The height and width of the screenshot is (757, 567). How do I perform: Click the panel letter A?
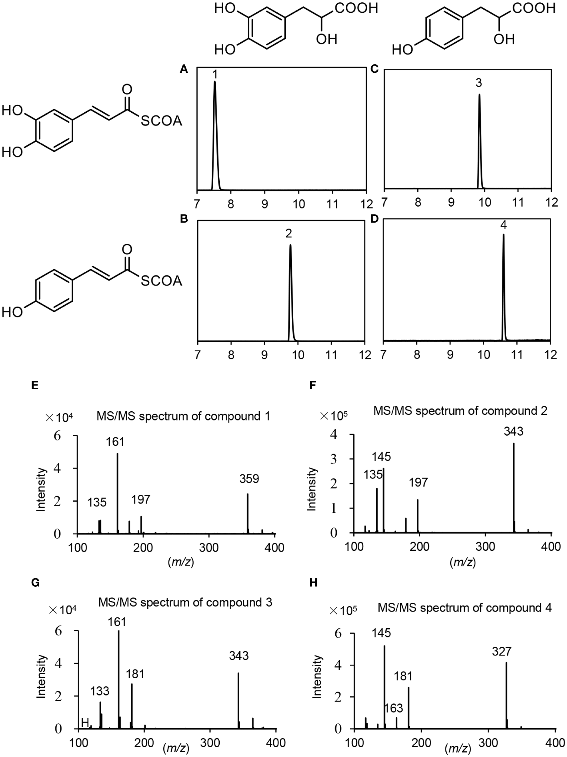pos(184,70)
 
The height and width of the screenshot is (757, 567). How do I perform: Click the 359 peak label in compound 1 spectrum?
pos(249,478)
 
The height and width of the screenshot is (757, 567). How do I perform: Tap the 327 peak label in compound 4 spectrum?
pos(502,651)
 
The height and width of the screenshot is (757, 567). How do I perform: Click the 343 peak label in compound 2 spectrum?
pos(514,431)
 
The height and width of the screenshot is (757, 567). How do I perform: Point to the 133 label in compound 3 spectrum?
pos(99,679)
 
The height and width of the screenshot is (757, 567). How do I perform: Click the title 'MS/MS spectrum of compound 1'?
pos(183,416)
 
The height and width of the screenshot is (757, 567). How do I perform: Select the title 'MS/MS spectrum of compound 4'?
pos(465,608)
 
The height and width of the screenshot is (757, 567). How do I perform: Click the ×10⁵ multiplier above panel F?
pos(334,416)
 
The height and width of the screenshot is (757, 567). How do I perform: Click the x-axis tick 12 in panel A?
pos(365,203)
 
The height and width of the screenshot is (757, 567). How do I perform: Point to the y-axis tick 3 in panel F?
pos(334,459)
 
